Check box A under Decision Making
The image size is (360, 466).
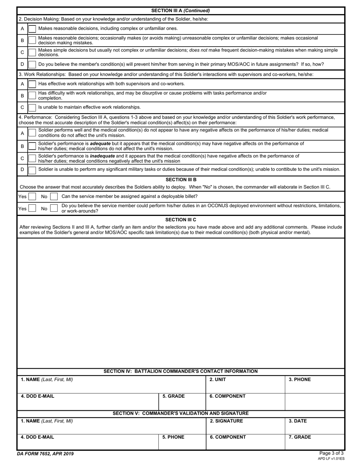pos(33,29)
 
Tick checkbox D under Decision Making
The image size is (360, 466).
pos(33,64)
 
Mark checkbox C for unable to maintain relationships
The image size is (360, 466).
pos(33,108)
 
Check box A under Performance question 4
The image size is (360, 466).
pos(33,133)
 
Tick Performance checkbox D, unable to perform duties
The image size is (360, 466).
pos(33,170)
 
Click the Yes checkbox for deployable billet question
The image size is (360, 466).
pos(33,197)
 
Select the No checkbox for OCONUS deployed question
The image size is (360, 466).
pos(54,208)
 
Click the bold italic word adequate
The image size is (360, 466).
pos(100,144)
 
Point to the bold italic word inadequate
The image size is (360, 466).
pos(102,156)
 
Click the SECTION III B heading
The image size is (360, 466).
pos(181,180)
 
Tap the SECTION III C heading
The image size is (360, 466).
pos(181,220)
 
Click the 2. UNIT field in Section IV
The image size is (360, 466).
pos(245,384)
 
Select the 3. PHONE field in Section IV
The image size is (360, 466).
pos(315,384)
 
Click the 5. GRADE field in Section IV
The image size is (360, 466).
pos(182,401)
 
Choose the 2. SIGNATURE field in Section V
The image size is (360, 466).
pos(245,425)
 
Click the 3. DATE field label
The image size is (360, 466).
pos(298,421)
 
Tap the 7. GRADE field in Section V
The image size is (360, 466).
pos(315,442)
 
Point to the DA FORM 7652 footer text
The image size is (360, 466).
pos(45,454)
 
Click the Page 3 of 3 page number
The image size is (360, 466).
pos(331,453)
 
